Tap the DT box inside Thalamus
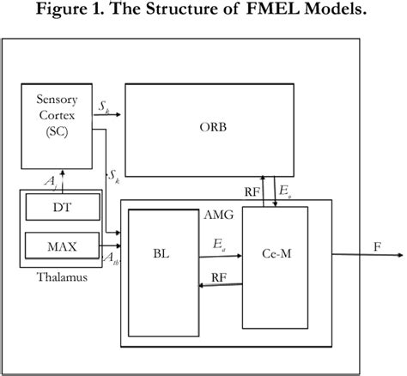tap(62, 207)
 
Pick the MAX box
tap(62, 247)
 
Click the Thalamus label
tap(62, 276)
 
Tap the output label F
tap(377, 246)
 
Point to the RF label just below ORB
tap(252, 193)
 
